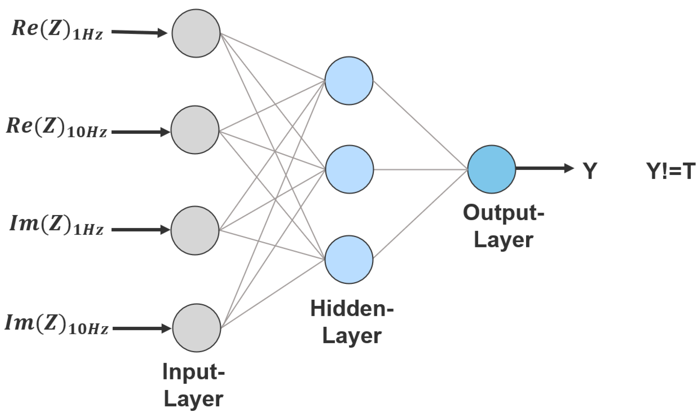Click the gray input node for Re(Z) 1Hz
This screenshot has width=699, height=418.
pos(196,33)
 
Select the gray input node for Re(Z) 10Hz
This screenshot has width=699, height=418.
pos(195,130)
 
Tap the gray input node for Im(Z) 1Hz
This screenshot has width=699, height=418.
pos(195,230)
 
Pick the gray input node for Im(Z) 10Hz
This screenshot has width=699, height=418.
pos(197,328)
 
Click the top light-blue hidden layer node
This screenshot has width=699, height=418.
pos(349,81)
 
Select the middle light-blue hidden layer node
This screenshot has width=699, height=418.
pos(349,170)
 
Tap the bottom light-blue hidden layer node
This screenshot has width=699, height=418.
pos(349,260)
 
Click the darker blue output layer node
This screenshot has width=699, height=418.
pos(492,170)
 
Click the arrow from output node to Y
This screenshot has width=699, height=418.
pos(544,169)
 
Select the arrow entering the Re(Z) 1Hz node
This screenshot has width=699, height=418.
pos(139,33)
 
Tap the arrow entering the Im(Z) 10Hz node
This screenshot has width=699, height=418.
pos(141,329)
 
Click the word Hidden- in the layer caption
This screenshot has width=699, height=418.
pos(352,309)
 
